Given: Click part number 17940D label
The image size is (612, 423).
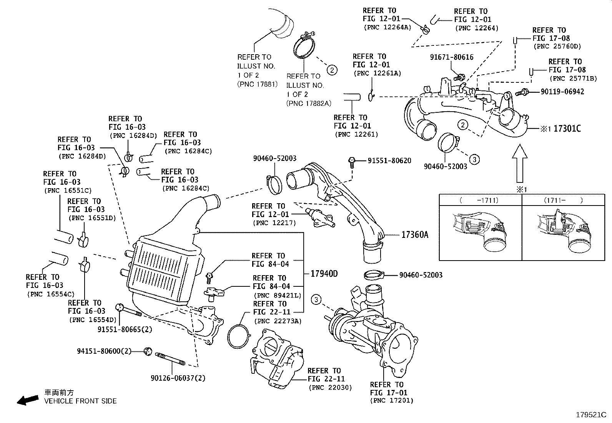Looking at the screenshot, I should (324, 274).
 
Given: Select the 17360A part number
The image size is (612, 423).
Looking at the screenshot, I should (414, 234).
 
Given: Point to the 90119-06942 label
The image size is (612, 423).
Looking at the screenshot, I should (562, 92).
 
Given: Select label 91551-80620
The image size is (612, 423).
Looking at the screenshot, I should (389, 161).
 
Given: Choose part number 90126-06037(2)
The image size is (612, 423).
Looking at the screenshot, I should (178, 378).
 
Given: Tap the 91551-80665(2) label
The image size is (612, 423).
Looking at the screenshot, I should (125, 329).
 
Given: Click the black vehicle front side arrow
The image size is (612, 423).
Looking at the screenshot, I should (28, 400).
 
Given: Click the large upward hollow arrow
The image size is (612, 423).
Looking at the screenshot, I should (519, 163).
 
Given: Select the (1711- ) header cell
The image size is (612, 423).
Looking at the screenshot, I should (563, 200).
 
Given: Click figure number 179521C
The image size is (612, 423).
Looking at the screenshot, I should (590, 415).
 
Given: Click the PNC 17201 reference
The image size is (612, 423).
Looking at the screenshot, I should (392, 401).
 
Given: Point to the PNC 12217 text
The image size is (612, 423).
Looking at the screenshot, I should (274, 223).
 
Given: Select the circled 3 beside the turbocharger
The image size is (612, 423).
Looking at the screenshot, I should (316, 299).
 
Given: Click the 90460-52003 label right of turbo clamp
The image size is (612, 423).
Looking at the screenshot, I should (421, 275).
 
